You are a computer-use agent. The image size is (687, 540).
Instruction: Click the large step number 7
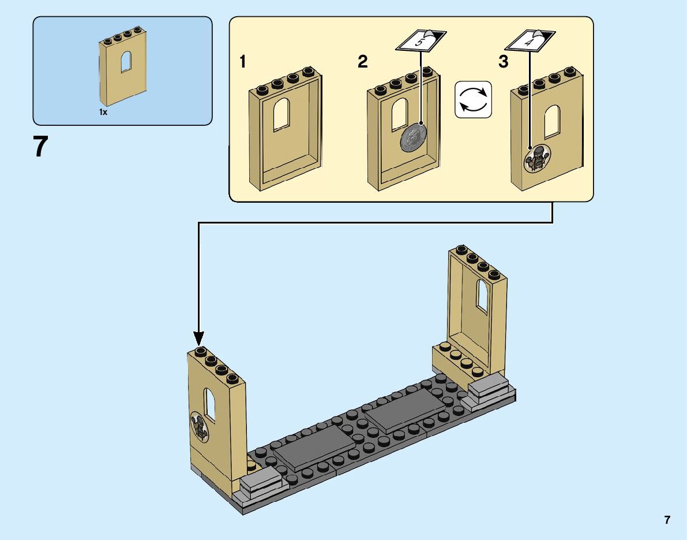click(39, 147)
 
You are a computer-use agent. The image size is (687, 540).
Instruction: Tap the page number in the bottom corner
click(667, 520)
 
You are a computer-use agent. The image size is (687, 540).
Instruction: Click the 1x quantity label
click(103, 112)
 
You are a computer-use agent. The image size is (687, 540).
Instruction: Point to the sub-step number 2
click(362, 62)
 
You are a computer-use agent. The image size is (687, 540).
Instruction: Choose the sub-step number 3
click(504, 62)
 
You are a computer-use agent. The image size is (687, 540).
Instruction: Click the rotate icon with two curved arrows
click(473, 99)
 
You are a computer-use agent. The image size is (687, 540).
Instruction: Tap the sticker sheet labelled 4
click(530, 40)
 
